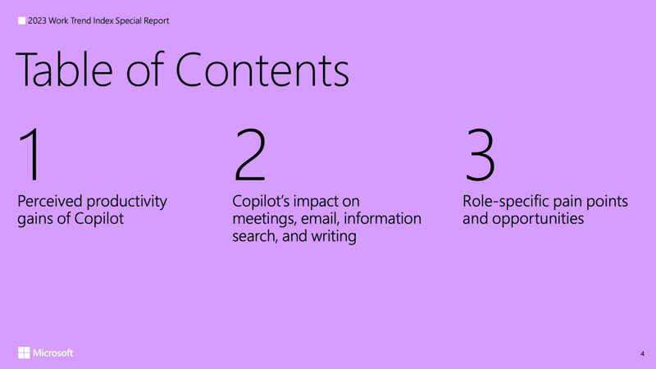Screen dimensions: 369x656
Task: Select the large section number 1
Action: coord(30,155)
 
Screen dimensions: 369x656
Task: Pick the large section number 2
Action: coord(250,155)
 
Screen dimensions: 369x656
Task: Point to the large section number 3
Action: coord(480,155)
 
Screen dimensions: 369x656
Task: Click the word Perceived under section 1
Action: coord(50,201)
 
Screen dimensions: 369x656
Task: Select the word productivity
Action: coord(126,201)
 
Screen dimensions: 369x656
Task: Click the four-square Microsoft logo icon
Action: coord(24,353)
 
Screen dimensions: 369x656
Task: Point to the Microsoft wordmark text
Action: coord(53,353)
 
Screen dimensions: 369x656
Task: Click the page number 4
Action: coord(642,353)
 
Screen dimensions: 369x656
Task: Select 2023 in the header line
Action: coord(38,20)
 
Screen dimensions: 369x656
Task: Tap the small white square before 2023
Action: coord(21,20)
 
